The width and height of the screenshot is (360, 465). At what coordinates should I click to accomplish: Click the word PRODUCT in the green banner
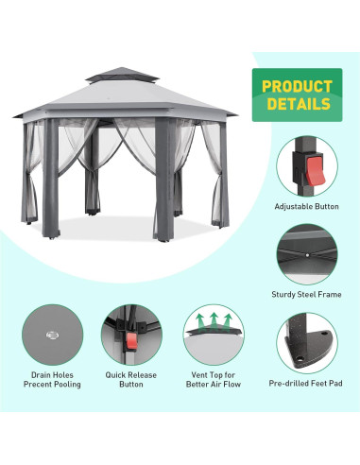pos(296,87)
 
